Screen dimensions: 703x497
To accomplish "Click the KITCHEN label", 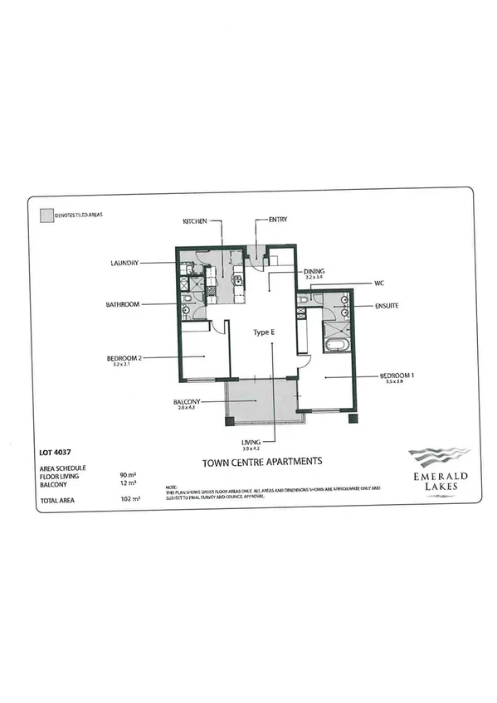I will coord(195,221).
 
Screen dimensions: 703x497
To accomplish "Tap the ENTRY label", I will coord(278,221).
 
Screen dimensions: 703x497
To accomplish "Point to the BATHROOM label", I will coord(123,304).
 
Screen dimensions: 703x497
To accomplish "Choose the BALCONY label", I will coord(187,401).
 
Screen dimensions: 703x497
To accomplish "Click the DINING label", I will coord(314,271).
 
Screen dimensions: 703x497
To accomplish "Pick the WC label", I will coord(378,284).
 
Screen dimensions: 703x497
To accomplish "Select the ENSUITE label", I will coord(387,306).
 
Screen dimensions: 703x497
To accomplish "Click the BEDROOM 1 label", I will coord(397,375).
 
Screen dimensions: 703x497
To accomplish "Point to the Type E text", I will coord(264,332).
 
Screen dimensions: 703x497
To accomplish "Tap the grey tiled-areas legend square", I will coord(45,213).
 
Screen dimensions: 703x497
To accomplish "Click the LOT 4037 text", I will coord(54,453).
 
